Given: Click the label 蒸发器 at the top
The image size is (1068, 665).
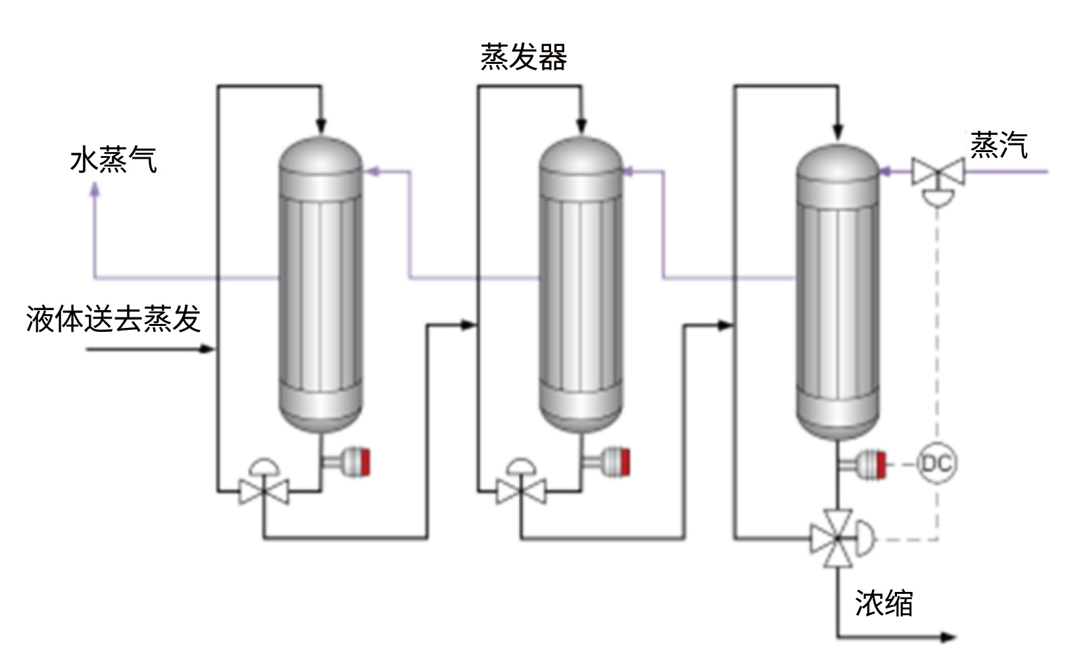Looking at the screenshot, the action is (x=523, y=57).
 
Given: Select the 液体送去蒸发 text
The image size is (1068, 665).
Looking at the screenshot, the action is (x=114, y=319).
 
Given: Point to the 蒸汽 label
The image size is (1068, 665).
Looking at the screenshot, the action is (x=999, y=145).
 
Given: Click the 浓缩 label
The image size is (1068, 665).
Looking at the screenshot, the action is (x=884, y=603).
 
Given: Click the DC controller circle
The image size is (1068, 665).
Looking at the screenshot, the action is (x=937, y=464).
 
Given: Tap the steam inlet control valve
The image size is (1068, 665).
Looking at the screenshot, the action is (x=938, y=182).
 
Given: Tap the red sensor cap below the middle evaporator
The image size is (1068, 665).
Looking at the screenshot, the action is (x=625, y=462).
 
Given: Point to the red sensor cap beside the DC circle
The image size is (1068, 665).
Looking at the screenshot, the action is (x=881, y=464).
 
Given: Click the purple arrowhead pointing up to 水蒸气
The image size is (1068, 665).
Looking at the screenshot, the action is (x=95, y=190).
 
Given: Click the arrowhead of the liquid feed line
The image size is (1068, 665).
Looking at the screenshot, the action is (x=207, y=350).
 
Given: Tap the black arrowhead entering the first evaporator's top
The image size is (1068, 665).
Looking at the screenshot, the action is (x=321, y=126).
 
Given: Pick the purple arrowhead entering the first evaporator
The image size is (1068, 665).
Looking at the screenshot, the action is (x=372, y=171).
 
